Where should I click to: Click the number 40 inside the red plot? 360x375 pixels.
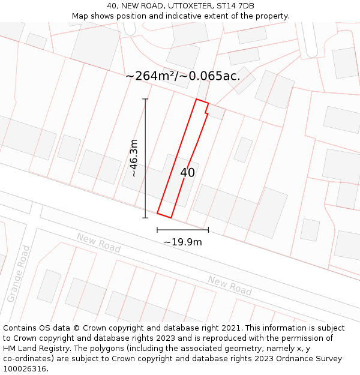pos(187,173)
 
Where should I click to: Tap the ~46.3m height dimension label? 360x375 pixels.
pos(134,158)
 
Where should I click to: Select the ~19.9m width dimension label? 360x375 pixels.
pos(182,242)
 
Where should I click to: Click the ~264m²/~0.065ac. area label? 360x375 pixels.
pos(183,76)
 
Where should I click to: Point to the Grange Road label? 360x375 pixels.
pos(18,274)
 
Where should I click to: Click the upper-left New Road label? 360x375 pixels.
pos(98,242)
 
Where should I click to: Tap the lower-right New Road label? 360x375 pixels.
pos(230,285)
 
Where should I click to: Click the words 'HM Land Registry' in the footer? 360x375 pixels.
pos(33,349)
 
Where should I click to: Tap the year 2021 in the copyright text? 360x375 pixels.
pos(231,328)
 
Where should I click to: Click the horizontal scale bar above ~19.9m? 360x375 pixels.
pos(182,230)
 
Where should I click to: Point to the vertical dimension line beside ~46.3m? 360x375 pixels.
pos(145,158)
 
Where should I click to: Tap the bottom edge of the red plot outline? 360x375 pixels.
pos(164,215)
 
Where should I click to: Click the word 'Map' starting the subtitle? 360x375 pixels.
pos(80,16)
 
